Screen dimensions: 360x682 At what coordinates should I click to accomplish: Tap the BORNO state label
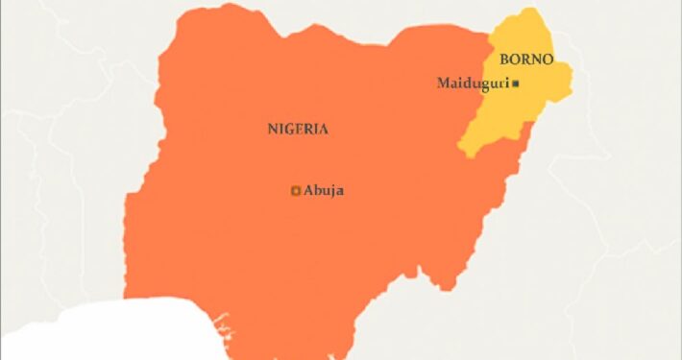pos(525,60)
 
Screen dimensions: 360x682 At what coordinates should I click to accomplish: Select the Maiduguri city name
pos(473,84)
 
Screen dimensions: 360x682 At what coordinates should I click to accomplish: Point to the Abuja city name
pos(323,190)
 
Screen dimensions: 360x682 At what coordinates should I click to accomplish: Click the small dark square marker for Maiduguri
pos(516,84)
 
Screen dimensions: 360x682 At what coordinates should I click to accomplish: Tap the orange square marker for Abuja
pos(296,190)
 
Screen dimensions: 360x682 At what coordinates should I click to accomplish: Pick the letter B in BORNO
pos(503,60)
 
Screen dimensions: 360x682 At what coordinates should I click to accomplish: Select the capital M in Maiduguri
pos(444,84)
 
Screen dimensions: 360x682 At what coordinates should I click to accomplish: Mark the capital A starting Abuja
pos(308,190)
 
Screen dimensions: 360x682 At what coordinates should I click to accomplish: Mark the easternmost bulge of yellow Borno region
pos(572,77)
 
